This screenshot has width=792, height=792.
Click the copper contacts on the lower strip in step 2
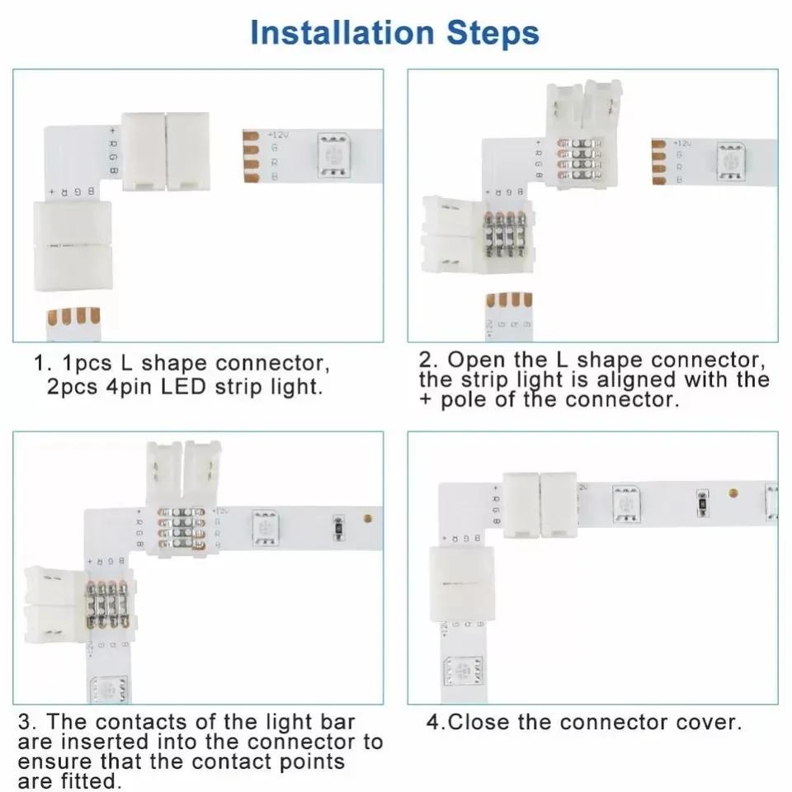[x=509, y=300]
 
